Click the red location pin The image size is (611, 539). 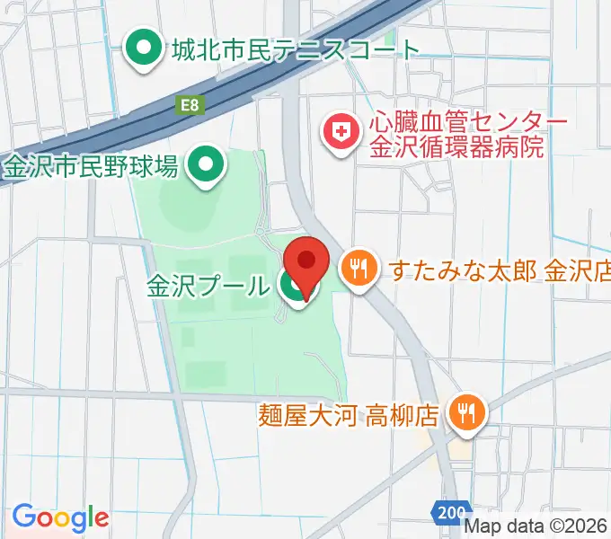[306, 262]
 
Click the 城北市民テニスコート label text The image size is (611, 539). [296, 49]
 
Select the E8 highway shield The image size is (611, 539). [190, 105]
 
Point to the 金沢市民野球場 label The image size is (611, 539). [93, 165]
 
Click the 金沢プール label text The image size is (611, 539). [208, 287]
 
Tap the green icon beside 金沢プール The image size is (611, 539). [291, 287]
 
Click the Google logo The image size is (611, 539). [60, 517]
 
